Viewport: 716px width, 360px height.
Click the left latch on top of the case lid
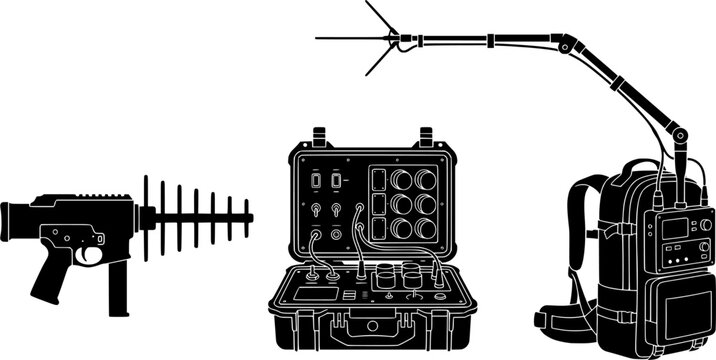tap(320, 135)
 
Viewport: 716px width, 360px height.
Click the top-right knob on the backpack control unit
tap(703, 223)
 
